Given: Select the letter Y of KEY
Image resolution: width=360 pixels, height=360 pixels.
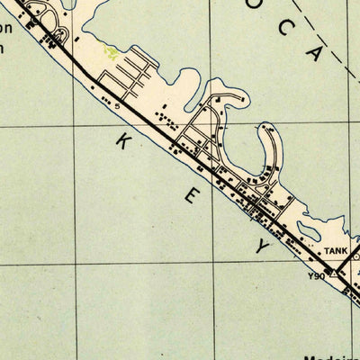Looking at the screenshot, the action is pos(263,246).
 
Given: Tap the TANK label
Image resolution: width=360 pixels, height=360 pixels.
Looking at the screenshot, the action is pos(335,251).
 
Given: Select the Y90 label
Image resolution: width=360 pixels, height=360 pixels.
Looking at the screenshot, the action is pos(316,275).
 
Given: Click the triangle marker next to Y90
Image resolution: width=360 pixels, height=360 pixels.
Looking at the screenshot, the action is pos(334,273).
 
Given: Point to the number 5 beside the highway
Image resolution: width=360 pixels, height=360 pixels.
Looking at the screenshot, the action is pos(117,105).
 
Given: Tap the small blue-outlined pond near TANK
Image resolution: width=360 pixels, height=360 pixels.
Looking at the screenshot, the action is pos(356,256).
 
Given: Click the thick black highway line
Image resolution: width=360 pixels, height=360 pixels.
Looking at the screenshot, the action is pos(180,153).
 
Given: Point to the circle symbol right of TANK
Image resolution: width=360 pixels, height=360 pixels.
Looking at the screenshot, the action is pos(356,253).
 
